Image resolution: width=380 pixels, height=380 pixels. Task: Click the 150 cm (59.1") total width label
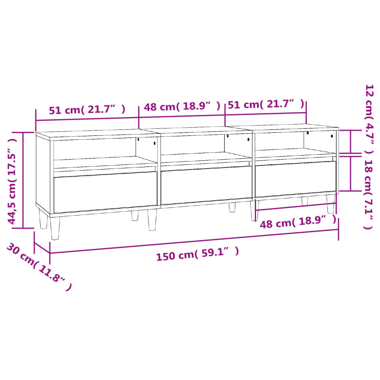coord(197,255)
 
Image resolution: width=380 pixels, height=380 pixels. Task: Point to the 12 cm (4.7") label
coord(369,119)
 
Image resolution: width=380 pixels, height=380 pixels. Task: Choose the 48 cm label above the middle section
coord(182,107)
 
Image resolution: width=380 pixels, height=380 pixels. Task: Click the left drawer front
coord(105,191)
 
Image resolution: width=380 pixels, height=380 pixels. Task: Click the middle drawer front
coord(206,185)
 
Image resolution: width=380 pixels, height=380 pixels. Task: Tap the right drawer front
coord(295,178)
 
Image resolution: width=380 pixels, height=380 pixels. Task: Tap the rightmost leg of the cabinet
coord(331,204)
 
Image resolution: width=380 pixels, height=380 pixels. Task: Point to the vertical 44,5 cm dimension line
coord(23,180)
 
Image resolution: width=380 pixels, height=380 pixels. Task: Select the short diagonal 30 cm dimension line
coord(42,248)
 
